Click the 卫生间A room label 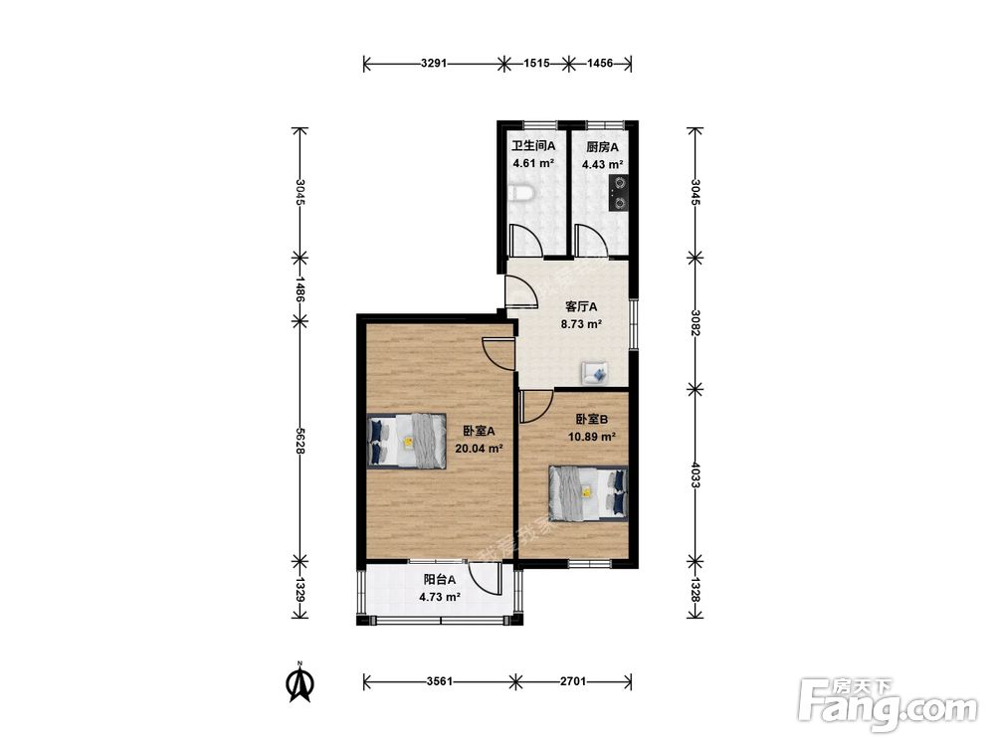click(533, 146)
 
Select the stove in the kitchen click(619, 194)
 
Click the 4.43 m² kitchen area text click(602, 165)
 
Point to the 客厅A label click(581, 307)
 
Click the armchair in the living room click(595, 372)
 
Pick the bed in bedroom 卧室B click(589, 493)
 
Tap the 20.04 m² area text click(480, 449)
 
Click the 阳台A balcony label click(440, 579)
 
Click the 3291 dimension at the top click(434, 64)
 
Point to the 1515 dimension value click(536, 64)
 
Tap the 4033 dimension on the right click(696, 475)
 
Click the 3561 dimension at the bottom click(439, 682)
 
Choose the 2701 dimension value click(574, 682)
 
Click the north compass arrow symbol click(300, 682)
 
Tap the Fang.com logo click(888, 705)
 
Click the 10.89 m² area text click(592, 437)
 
